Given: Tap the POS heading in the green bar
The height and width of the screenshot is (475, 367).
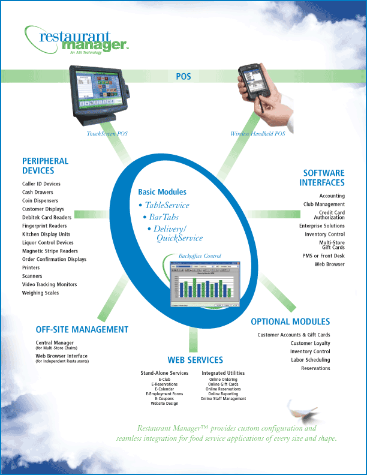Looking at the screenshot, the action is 183,76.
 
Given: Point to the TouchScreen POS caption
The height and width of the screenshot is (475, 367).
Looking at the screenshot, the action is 107,134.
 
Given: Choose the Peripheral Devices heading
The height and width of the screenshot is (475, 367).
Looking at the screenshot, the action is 46,166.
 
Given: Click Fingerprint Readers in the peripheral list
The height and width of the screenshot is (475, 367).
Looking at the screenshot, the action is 44,226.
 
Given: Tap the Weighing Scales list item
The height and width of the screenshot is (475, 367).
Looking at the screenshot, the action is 41,293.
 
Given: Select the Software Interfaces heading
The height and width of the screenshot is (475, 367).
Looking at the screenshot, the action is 322,178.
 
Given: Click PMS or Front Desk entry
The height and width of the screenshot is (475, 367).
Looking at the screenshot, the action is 324,255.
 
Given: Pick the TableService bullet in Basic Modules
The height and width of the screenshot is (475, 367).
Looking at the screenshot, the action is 167,205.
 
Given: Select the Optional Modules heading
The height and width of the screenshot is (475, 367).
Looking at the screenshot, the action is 290,322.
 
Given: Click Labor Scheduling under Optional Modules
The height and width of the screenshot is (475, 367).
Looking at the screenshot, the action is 310,360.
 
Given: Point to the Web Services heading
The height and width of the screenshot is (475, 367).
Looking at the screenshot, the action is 195,360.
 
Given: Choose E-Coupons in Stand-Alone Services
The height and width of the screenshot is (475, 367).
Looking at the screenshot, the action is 164,398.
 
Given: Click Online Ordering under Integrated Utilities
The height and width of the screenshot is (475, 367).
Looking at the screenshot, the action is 223,380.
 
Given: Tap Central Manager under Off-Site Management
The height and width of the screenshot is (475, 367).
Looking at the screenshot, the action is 55,342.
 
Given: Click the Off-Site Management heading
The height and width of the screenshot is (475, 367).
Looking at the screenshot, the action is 82,329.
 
